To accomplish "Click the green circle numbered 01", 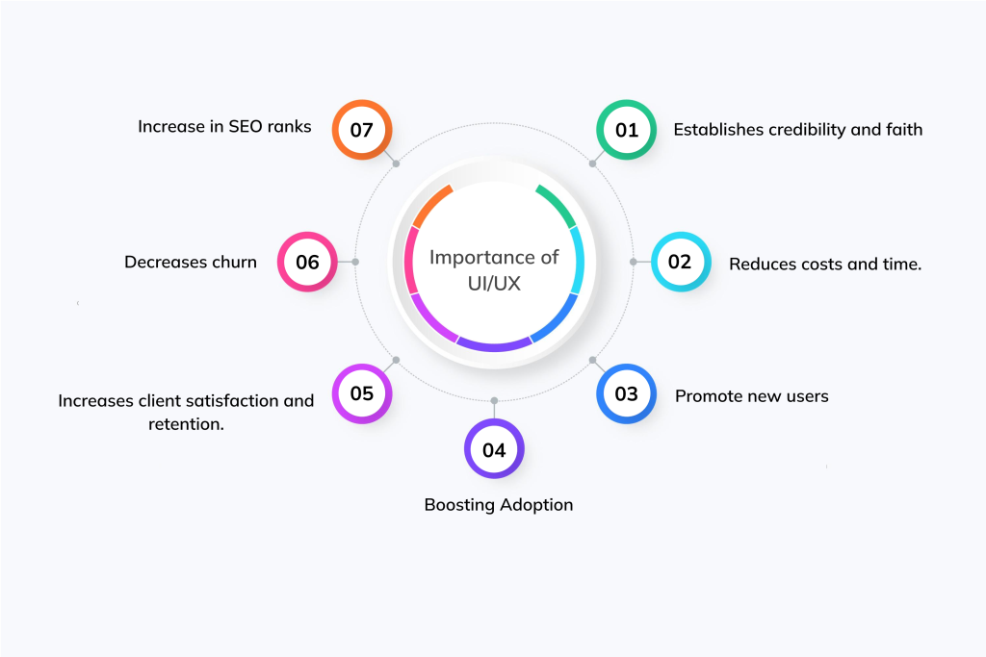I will click(627, 129).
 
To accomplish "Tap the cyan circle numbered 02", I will click(681, 262).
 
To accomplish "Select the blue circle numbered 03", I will click(626, 393).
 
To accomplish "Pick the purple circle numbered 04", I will click(494, 449).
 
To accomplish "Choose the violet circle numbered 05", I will click(361, 393).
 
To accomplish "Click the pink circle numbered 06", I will click(307, 262).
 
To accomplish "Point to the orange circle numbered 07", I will click(361, 129).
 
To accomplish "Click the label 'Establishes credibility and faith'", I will click(797, 129).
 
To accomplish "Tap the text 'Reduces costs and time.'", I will click(825, 264).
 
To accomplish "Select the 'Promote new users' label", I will click(751, 395).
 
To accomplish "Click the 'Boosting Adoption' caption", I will click(499, 504).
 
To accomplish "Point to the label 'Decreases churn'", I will click(191, 262).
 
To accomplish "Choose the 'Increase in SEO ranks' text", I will click(224, 126).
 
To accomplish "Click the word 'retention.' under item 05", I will click(186, 423).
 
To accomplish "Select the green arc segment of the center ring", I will click(558, 203).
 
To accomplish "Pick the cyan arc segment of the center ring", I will click(578, 260).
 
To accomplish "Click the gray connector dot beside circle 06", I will click(355, 262).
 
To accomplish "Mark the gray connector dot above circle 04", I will click(494, 400).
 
